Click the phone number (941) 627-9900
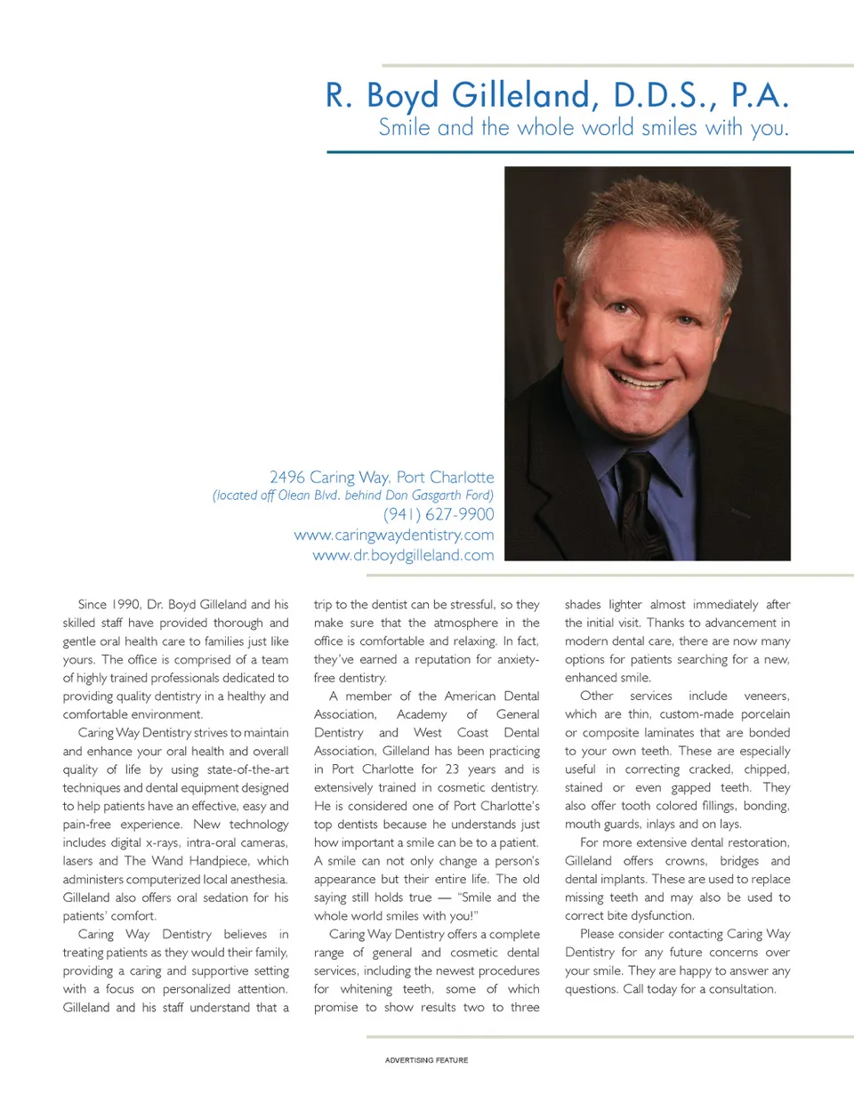pos(439,514)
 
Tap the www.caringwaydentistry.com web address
pos(394,535)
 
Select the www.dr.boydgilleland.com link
pos(403,555)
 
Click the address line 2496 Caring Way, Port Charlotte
pos(382,477)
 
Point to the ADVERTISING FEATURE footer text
pos(426,1060)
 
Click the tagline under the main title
pos(584,127)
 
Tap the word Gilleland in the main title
pos(520,94)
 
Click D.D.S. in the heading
pos(665,94)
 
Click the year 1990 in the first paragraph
pos(125,604)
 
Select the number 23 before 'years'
pos(452,769)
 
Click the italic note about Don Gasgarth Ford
pos(352,495)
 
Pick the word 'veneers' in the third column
pos(766,696)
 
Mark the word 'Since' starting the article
pos(92,604)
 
